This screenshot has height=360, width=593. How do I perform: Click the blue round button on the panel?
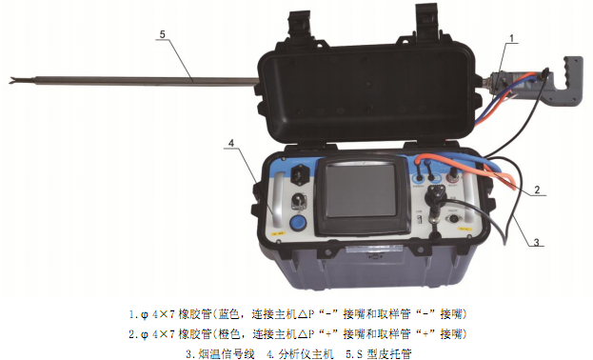coord(297,223)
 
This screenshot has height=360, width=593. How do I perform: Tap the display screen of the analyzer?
coord(361,191)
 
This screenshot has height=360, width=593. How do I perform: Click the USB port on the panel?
coord(419,219)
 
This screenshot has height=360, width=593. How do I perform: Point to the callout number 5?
coord(163,34)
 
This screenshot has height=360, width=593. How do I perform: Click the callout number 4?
coord(231,143)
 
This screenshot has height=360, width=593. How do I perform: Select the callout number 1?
coord(512,38)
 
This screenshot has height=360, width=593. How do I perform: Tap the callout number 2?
coord(537,190)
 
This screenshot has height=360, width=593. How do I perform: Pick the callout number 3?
coord(536,242)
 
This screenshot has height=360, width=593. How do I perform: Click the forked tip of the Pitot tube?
coord(14,80)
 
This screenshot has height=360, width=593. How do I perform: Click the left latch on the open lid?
coord(300,25)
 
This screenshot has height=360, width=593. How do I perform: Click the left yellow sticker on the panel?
coord(279,233)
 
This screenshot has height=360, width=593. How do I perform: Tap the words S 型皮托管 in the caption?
coord(385,354)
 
